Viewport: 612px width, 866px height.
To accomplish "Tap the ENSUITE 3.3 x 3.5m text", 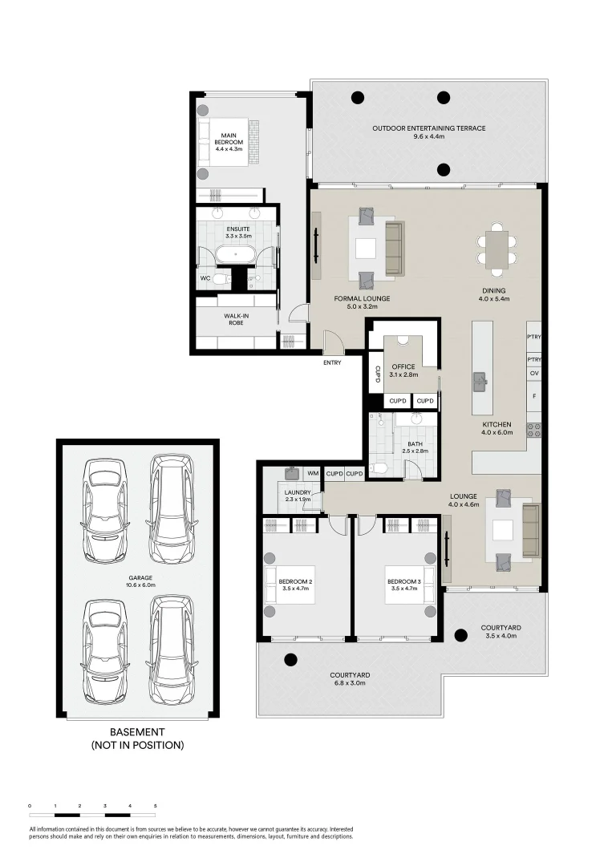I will (x=238, y=233).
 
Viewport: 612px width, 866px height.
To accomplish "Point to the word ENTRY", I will (x=332, y=362).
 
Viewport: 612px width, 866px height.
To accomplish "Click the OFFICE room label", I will (x=403, y=371).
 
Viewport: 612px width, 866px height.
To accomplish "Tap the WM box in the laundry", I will (x=312, y=473).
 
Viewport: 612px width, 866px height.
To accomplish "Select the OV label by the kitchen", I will (x=533, y=374).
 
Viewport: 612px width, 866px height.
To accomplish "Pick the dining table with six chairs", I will (x=496, y=248).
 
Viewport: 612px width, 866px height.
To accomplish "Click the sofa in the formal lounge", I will (x=393, y=249).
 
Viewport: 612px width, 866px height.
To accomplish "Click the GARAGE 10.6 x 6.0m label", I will (x=137, y=581).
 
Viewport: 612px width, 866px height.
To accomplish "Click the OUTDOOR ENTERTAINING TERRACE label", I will (x=428, y=132).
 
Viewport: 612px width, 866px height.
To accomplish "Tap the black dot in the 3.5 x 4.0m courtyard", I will (x=460, y=636).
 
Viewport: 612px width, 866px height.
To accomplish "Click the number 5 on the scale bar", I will (x=155, y=804).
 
